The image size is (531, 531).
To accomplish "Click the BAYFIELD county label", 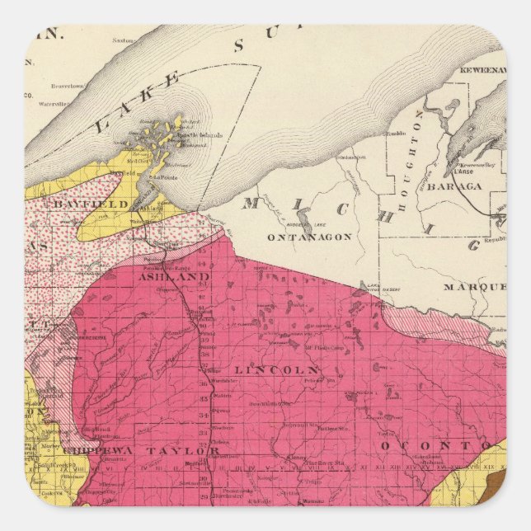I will (101, 204).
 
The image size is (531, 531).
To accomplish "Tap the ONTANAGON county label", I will (308, 237).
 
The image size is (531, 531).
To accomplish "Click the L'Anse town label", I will (458, 172).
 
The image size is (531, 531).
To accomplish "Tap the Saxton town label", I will (123, 40).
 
